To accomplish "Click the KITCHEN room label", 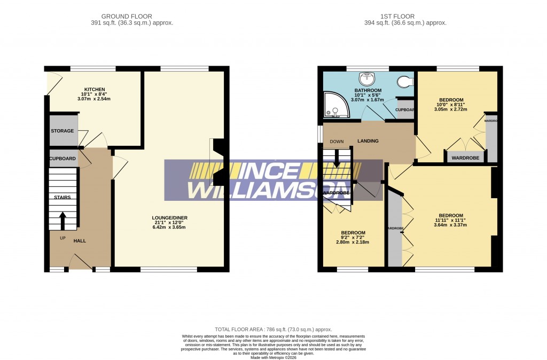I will pyautogui.click(x=94, y=89).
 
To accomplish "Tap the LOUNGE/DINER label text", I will pyautogui.click(x=169, y=218).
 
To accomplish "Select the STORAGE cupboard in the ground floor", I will pyautogui.click(x=62, y=131).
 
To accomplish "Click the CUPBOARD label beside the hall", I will pyautogui.click(x=62, y=159).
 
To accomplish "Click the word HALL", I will pyautogui.click(x=80, y=241).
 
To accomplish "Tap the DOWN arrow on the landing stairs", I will pyautogui.click(x=337, y=157).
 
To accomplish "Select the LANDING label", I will pyautogui.click(x=368, y=141).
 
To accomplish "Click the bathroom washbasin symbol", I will pyautogui.click(x=366, y=79).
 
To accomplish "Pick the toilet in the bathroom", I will pyautogui.click(x=406, y=82).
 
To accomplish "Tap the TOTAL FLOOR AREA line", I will pyautogui.click(x=273, y=330).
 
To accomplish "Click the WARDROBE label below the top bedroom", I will pyautogui.click(x=465, y=158).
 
